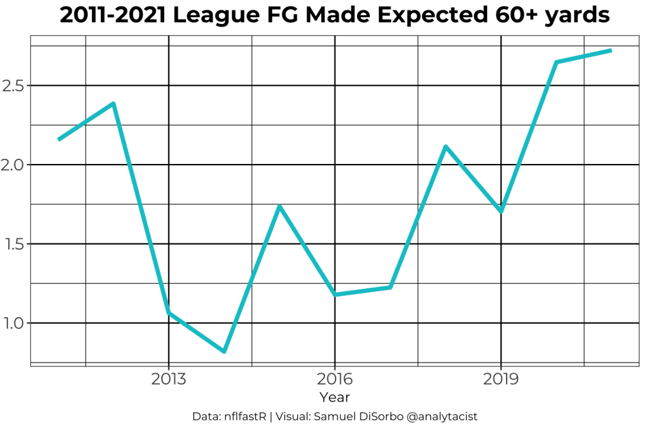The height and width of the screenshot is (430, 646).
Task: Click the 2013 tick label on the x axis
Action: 168,379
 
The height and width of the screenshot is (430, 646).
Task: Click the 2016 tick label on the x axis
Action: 334,379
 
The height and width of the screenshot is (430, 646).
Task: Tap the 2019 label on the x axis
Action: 501,379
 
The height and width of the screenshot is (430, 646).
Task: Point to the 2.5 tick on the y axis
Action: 13,85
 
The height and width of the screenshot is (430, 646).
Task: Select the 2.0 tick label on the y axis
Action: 13,165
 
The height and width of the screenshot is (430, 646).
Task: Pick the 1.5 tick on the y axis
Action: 13,244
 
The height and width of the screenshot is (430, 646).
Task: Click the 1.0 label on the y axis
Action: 13,323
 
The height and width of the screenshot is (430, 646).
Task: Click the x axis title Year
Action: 334,397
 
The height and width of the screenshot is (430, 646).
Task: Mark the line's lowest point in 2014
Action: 224,351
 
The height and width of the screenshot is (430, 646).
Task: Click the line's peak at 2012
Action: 114,103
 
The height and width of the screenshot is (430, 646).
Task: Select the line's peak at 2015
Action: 279,206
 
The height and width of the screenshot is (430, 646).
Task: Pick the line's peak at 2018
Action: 445,146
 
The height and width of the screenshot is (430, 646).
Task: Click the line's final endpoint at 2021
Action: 611,50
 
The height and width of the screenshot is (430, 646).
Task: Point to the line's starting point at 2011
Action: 59,139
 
